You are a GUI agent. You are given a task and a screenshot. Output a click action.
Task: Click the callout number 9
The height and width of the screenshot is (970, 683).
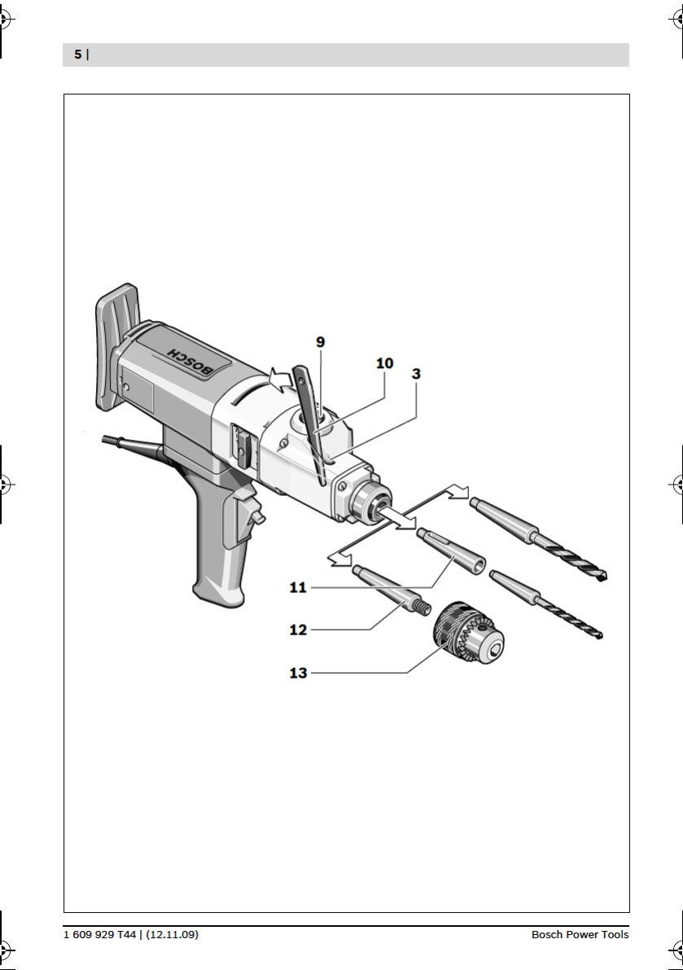pos(320,342)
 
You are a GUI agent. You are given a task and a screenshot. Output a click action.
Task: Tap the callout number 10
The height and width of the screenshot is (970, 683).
pos(384,363)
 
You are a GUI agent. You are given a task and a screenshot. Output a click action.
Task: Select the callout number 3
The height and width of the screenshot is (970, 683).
pos(416,374)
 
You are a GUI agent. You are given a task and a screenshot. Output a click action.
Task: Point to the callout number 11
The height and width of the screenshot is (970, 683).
pos(298,588)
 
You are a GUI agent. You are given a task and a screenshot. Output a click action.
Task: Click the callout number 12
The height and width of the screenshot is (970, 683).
pos(298,630)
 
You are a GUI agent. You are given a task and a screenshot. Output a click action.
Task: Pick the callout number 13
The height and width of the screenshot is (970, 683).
pos(298,673)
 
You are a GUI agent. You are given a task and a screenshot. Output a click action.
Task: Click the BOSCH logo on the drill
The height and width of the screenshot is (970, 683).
pos(190,361)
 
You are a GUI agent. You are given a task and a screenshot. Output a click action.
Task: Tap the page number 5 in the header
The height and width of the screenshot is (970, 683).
pos(78,55)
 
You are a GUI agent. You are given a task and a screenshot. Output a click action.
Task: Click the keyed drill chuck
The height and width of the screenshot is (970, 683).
pos(468,633)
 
